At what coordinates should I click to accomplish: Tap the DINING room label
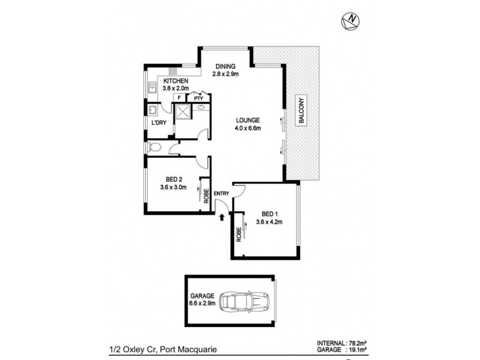(x=226, y=67)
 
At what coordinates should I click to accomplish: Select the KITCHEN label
(x=176, y=82)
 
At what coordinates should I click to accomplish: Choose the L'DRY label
(x=159, y=123)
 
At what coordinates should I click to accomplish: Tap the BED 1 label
(x=269, y=214)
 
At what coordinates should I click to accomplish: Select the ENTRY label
(x=221, y=193)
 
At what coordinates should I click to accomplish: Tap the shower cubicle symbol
(x=182, y=112)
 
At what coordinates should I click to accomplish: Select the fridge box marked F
(x=178, y=98)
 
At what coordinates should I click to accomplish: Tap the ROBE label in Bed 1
(x=238, y=233)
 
